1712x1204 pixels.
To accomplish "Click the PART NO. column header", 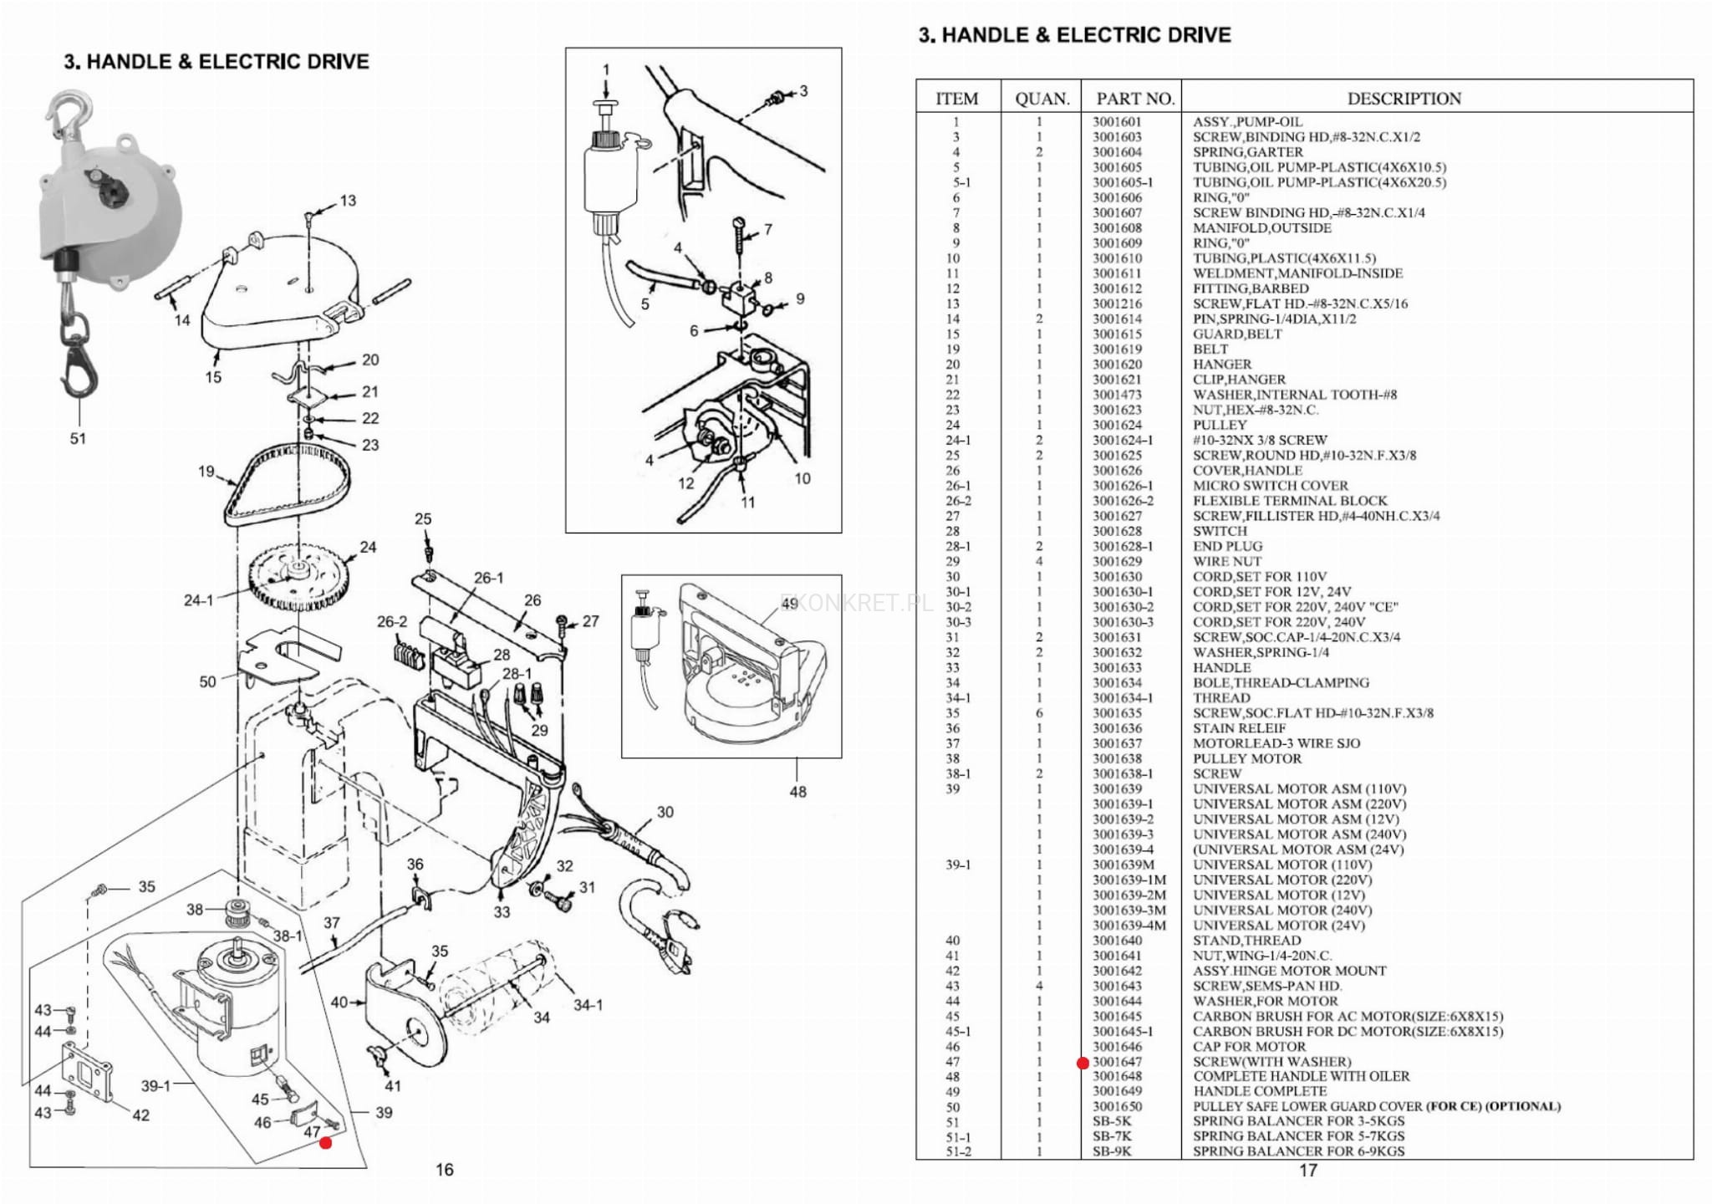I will pyautogui.click(x=1134, y=99).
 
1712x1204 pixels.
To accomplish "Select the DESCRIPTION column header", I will pyautogui.click(x=1404, y=99).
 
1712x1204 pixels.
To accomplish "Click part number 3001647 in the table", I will pyautogui.click(x=1117, y=1062).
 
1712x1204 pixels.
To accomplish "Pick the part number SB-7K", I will pyautogui.click(x=1112, y=1137).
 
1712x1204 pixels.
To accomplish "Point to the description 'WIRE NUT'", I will pyautogui.click(x=1226, y=562).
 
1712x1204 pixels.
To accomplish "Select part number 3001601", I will pyautogui.click(x=1117, y=122).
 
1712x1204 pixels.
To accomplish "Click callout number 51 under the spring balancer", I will pyautogui.click(x=78, y=438).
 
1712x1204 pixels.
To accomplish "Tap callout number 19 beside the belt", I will pyautogui.click(x=206, y=472).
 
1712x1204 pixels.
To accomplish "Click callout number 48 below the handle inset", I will pyautogui.click(x=797, y=791).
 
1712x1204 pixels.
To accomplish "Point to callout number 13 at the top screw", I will pyautogui.click(x=348, y=201).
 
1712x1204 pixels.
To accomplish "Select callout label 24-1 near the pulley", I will pyautogui.click(x=198, y=600).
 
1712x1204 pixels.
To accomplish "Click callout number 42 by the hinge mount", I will pyautogui.click(x=141, y=1115).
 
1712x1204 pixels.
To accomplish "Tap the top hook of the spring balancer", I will pyautogui.click(x=66, y=113).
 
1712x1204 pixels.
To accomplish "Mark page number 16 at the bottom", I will pyautogui.click(x=444, y=1170).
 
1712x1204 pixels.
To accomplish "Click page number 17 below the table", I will pyautogui.click(x=1307, y=1171).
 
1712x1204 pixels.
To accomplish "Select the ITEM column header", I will pyautogui.click(x=956, y=99).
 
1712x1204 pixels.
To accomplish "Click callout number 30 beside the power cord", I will pyautogui.click(x=665, y=812).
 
